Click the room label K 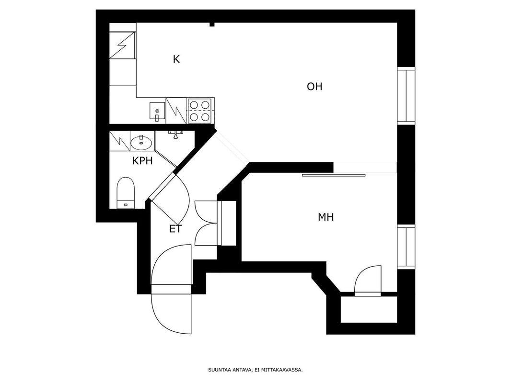click(176, 59)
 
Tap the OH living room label click(314, 87)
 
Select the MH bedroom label click(325, 217)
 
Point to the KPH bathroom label click(142, 161)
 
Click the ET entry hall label click(175, 229)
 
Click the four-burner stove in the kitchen click(200, 111)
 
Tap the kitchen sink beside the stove click(157, 111)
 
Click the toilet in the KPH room click(126, 192)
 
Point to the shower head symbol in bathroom click(176, 134)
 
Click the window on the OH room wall click(406, 96)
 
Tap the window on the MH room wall click(406, 247)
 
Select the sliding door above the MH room click(333, 175)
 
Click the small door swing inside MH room click(368, 280)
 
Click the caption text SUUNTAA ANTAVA click(230, 370)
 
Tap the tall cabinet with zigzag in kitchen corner click(122, 45)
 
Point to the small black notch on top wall click(212, 24)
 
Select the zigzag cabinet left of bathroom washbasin click(120, 141)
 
